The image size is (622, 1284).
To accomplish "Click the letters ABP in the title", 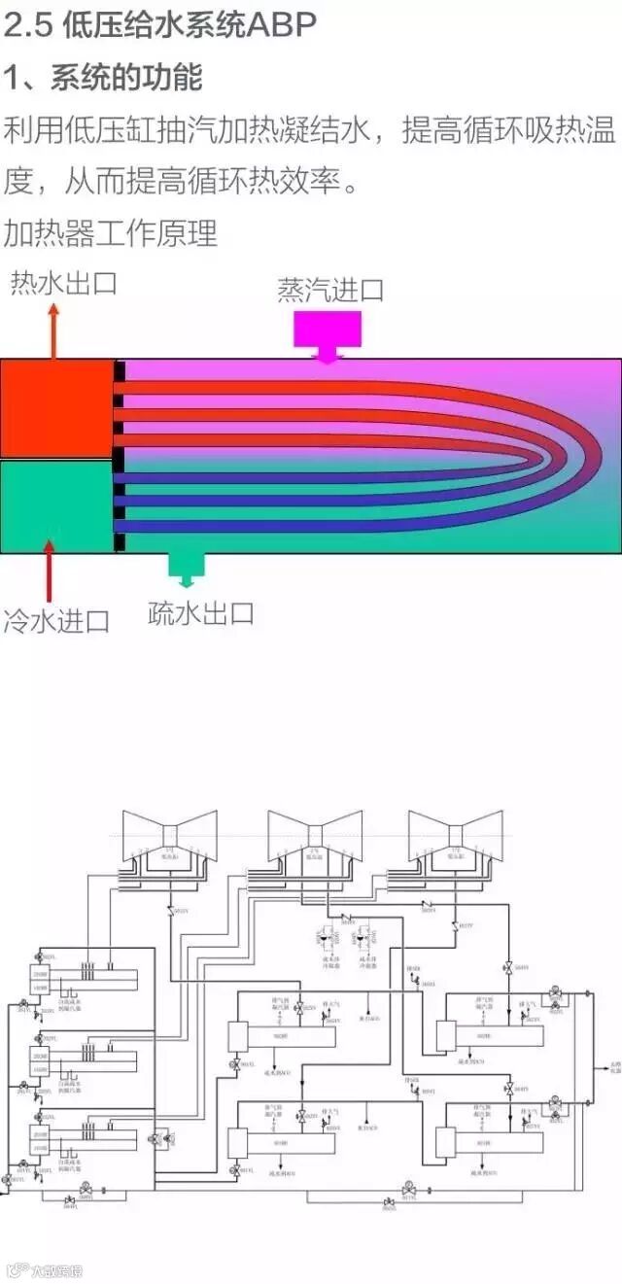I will tap(283, 26).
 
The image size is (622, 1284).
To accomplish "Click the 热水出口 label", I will tap(63, 284).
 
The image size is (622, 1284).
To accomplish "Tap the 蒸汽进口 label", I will tap(330, 290).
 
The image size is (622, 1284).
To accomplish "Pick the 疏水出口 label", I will tap(201, 613).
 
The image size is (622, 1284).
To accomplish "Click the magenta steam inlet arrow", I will tap(328, 334).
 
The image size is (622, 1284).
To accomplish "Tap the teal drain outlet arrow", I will tap(186, 569).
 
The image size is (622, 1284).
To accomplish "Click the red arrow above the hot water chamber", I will tap(53, 330).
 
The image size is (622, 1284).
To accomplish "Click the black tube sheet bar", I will tap(119, 456).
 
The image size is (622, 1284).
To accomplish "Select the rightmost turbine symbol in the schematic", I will tap(455, 835).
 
